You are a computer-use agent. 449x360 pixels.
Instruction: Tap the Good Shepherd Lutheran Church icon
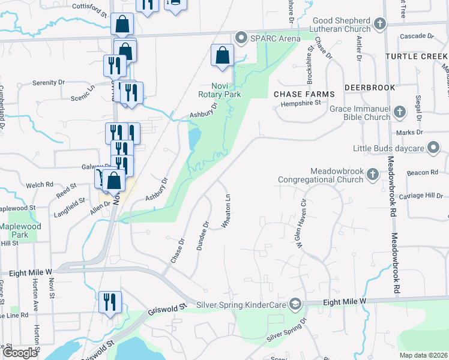[x=379, y=25]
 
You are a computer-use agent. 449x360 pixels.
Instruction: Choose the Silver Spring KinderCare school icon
[x=295, y=305]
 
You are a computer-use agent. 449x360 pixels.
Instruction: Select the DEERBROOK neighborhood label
[x=370, y=88]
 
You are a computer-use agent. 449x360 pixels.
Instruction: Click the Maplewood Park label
[x=20, y=230]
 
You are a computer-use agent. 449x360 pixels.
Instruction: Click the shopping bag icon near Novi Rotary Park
[x=222, y=55]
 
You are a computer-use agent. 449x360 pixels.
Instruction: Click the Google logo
[x=20, y=352]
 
